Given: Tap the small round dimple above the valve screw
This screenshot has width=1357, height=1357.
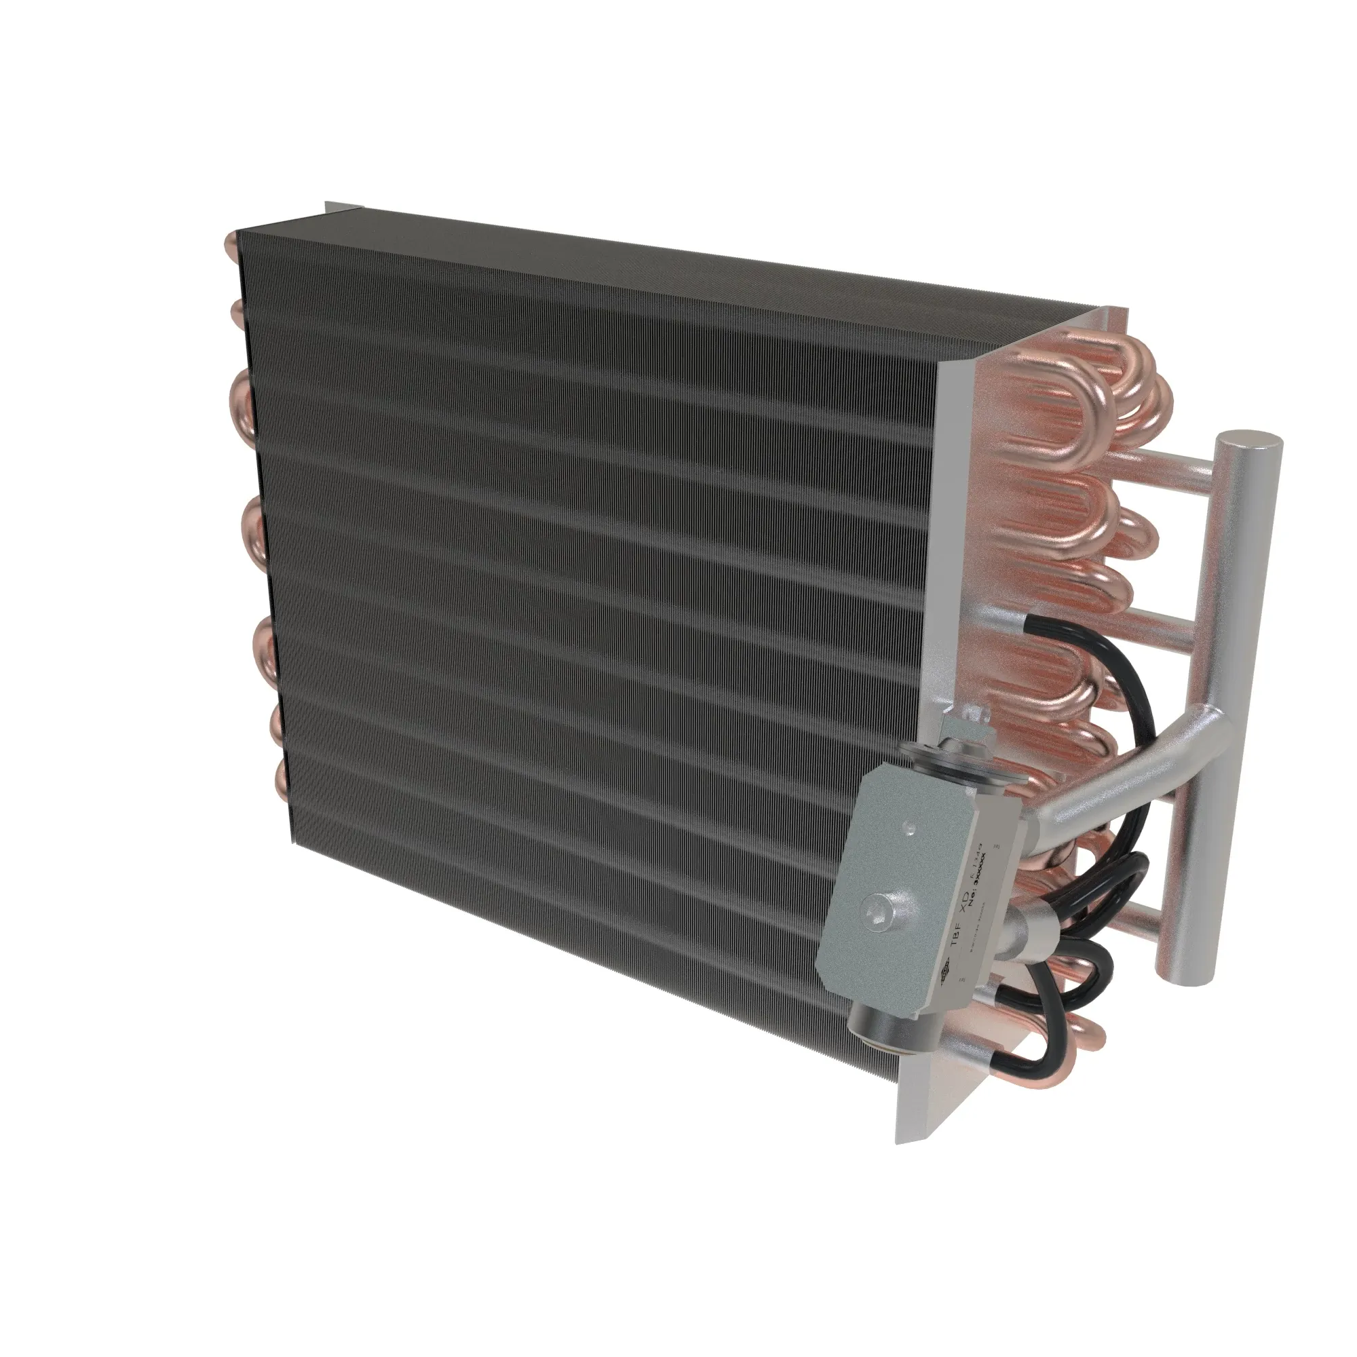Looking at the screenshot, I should tap(911, 830).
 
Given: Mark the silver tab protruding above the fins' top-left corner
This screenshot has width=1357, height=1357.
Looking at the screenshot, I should tap(343, 208).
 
